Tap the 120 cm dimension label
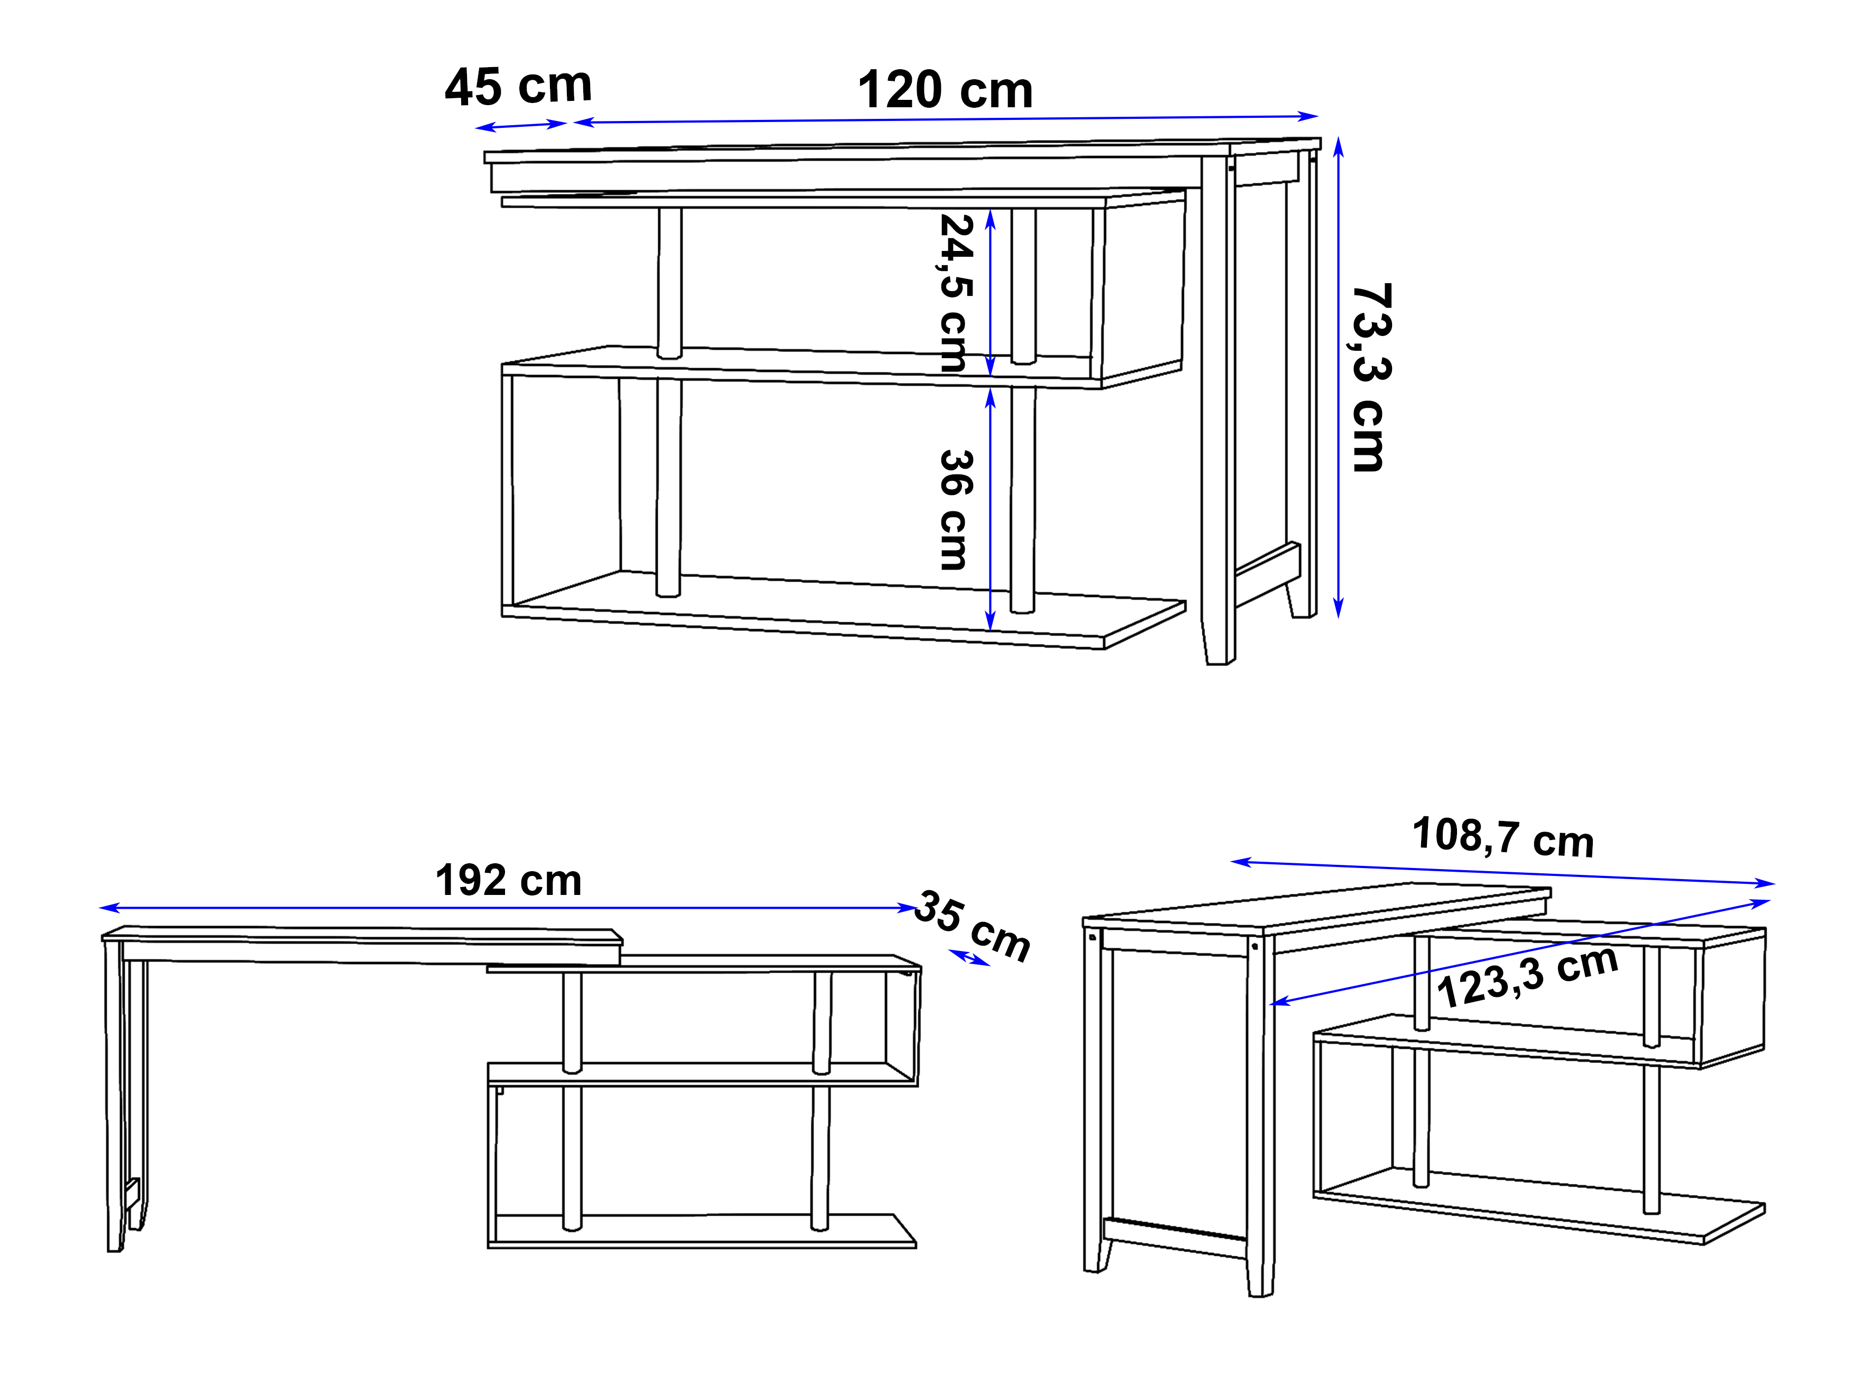(x=946, y=90)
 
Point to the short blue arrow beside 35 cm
(x=969, y=958)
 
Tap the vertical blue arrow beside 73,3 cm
(x=1338, y=378)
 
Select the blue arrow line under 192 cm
(x=508, y=908)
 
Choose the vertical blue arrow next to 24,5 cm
(x=991, y=293)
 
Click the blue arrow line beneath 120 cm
(x=946, y=119)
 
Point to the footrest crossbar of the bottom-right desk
(x=1174, y=1238)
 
